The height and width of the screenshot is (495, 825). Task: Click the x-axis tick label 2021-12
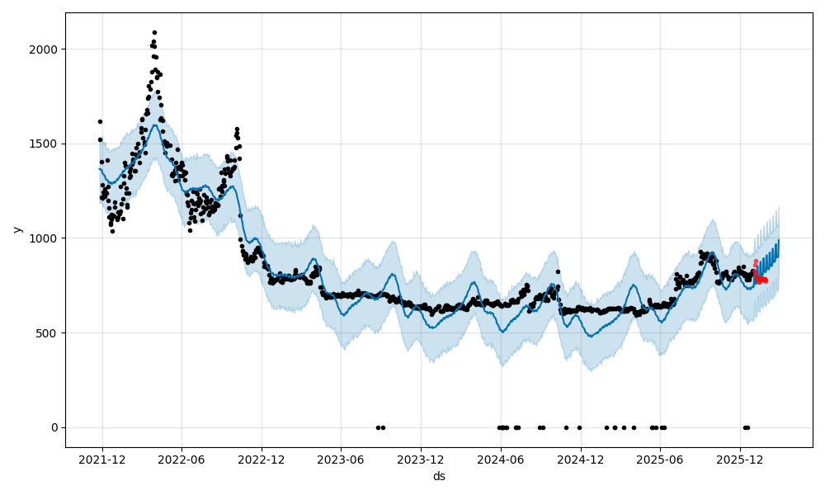coord(102,460)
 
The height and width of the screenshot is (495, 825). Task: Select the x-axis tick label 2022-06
coord(181,460)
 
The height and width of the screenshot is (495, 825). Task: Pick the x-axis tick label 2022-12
coord(262,460)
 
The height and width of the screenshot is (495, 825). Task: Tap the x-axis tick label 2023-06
coord(341,460)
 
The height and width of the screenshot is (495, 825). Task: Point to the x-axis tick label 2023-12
coord(421,460)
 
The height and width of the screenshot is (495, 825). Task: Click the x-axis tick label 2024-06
coord(500,460)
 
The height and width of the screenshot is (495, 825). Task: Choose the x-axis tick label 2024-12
coord(580,460)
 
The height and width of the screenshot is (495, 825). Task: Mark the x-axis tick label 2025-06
coord(659,460)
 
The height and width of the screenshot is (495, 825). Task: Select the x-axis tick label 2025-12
coord(739,460)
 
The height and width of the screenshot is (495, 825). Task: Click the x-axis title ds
coord(439,476)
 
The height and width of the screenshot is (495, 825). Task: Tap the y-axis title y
coord(16,229)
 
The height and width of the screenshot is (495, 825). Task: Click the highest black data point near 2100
coord(154,32)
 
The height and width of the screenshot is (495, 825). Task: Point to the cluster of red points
coord(760,278)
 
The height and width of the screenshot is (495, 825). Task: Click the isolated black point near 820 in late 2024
coord(558,271)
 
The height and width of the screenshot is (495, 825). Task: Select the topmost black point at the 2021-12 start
coord(100,121)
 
